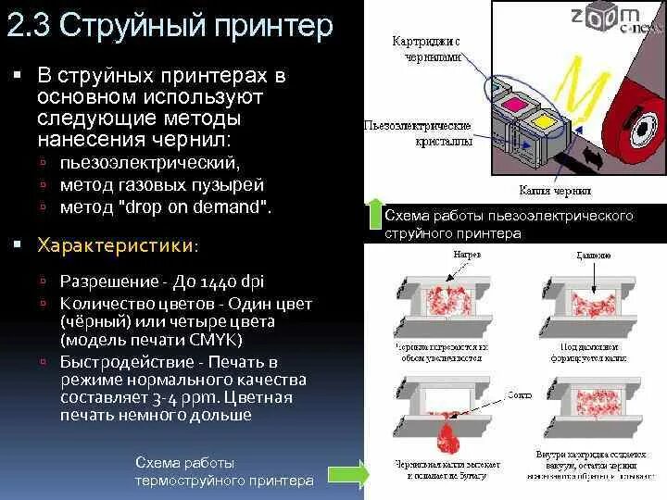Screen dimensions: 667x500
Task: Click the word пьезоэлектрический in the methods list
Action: coord(150,163)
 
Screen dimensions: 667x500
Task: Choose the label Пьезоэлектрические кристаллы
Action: coord(418,133)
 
